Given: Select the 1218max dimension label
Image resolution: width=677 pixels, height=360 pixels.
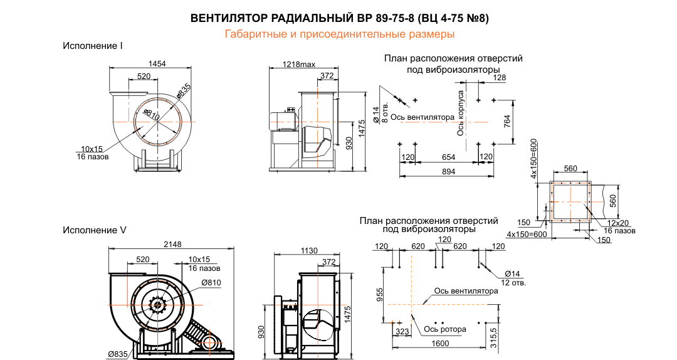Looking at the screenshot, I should (298, 65).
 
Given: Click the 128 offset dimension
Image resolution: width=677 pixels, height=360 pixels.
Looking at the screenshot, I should (499, 78).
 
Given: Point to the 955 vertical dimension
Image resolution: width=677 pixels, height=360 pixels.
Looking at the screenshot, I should (380, 295).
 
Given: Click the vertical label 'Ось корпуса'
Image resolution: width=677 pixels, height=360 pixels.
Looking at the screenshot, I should (460, 112).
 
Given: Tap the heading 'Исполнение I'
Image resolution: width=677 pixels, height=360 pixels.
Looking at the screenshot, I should (92, 46).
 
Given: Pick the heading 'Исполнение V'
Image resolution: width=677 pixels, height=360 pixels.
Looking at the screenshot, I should (94, 230).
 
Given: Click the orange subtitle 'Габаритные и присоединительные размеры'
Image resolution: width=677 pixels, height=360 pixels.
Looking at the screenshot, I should (339, 33).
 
